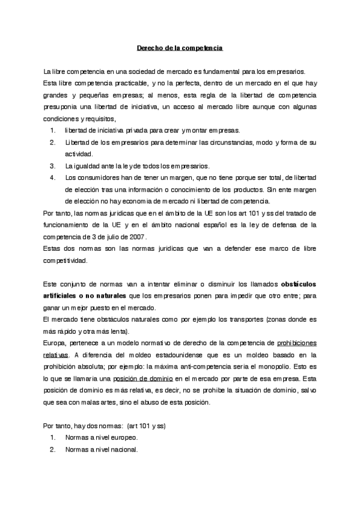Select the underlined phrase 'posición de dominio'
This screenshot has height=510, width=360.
[144, 378]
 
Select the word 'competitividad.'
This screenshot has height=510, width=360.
[66, 260]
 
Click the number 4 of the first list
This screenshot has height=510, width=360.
[53, 177]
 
